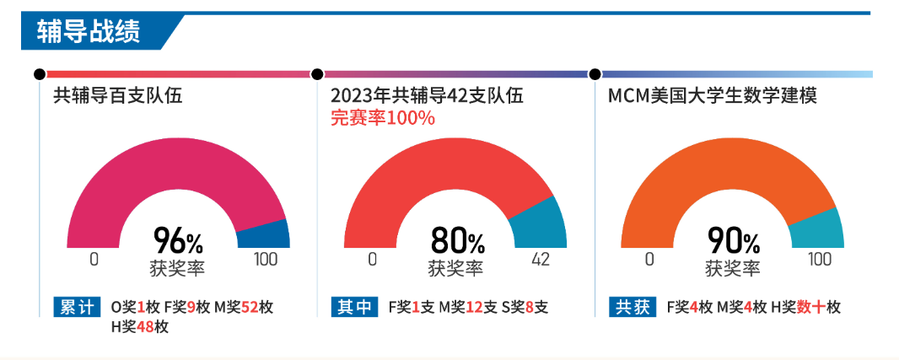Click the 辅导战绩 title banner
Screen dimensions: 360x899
coord(89,33)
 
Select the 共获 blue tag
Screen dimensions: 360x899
coord(632,307)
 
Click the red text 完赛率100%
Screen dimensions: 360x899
coord(382,118)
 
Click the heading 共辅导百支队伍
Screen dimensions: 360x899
coord(117,95)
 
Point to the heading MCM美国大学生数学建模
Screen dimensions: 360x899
coord(712,95)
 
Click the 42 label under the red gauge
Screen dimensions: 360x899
coord(540,260)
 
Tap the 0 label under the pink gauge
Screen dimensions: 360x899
coord(94,260)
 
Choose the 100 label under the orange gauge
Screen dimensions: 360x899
coord(820,260)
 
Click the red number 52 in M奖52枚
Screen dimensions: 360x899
coord(249,307)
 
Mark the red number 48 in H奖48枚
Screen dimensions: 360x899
coord(146,327)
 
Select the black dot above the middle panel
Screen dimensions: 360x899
coord(317,74)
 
